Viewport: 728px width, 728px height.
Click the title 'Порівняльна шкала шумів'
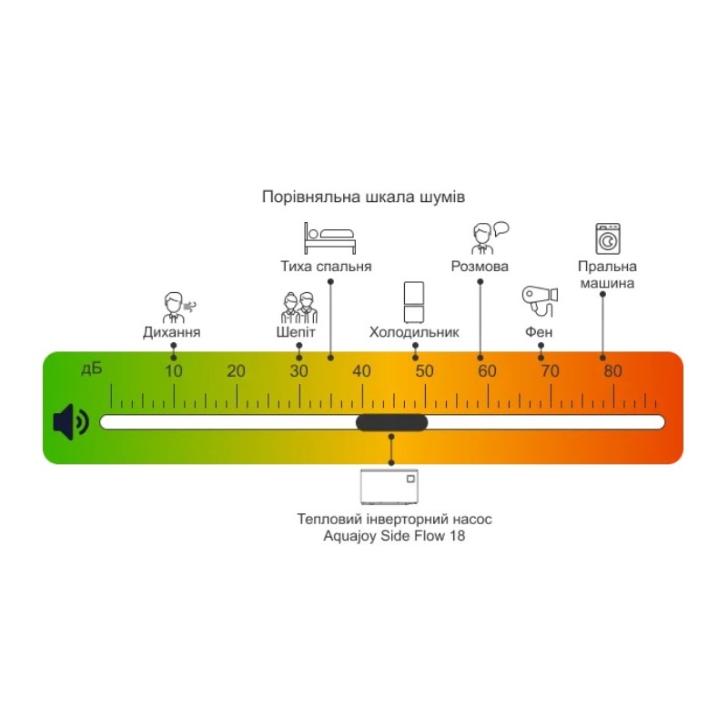point(363,197)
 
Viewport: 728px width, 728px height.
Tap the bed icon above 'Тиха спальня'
point(329,238)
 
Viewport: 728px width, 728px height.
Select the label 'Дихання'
point(172,332)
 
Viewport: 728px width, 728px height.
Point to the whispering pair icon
point(298,307)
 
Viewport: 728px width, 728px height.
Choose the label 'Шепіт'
point(297,332)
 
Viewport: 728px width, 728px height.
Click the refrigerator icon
point(414,302)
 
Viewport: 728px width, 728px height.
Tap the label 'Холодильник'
point(414,332)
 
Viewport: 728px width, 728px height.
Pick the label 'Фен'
point(539,332)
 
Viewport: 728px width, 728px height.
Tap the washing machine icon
point(607,238)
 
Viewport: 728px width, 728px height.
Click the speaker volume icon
point(71,422)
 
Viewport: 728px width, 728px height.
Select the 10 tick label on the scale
point(173,371)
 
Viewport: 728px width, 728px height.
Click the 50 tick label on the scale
point(424,371)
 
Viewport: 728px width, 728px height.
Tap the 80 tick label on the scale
point(612,371)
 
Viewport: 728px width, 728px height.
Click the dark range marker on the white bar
point(391,422)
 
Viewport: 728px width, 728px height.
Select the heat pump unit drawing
point(390,488)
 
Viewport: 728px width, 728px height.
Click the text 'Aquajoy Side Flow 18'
point(395,536)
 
